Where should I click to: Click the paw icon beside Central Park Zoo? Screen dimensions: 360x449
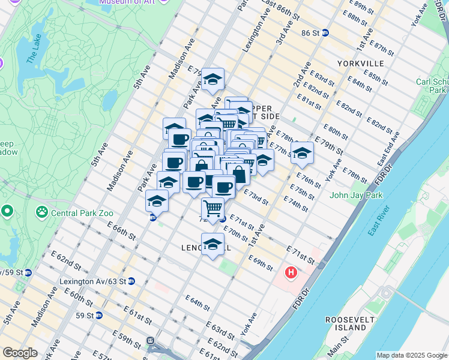click(x=41, y=211)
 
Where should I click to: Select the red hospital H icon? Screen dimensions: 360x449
click(x=291, y=274)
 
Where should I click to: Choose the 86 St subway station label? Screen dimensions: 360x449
click(x=312, y=32)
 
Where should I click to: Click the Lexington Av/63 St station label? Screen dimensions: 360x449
click(x=92, y=281)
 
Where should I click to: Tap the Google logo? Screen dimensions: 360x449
click(x=20, y=353)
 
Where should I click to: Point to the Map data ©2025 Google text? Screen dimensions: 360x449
click(x=411, y=355)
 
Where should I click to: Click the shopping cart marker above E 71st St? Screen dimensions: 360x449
click(x=213, y=209)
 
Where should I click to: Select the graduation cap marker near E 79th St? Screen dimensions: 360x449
click(x=212, y=79)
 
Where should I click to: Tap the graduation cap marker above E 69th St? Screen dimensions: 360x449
click(x=212, y=244)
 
